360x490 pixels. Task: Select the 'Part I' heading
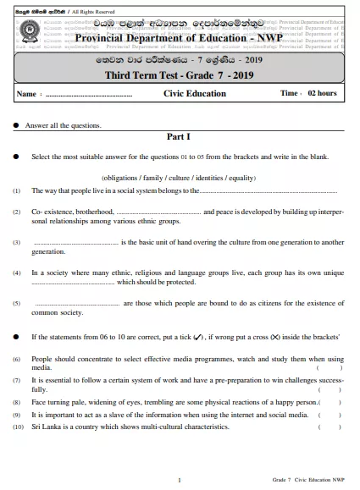[x=179, y=137]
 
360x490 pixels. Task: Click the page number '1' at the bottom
[x=179, y=480]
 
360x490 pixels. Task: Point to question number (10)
[x=18, y=427]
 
